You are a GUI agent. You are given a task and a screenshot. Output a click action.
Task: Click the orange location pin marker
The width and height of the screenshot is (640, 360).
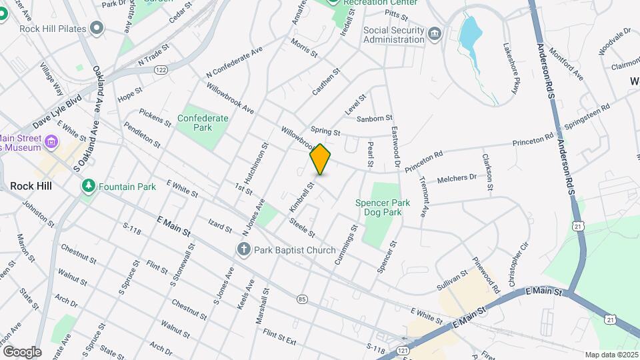[320, 159]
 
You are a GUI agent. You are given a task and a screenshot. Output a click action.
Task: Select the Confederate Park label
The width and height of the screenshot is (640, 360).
[203, 123]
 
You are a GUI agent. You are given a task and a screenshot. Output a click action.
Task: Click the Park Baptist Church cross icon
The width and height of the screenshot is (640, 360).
[244, 249]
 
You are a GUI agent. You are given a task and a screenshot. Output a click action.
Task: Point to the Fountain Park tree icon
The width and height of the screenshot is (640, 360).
[88, 187]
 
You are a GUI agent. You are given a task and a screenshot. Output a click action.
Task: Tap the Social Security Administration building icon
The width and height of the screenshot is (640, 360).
[434, 33]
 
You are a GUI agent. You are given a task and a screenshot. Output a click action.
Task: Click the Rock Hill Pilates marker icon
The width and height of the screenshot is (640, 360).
[98, 28]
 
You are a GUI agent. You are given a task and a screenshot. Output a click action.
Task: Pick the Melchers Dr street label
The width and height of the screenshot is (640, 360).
[457, 179]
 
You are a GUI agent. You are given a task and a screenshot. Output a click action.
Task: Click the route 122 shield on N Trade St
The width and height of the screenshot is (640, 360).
[161, 69]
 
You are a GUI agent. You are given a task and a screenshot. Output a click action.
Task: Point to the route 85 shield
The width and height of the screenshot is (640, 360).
[303, 298]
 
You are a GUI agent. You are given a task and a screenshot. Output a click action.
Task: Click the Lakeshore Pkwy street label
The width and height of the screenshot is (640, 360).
[515, 69]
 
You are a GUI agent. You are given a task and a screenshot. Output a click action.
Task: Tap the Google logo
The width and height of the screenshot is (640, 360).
[22, 351]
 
